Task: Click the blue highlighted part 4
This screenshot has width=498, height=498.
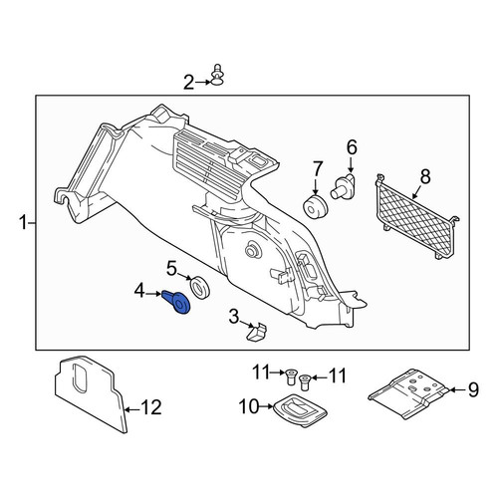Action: click(176, 302)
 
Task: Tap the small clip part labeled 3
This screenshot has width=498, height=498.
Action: click(257, 332)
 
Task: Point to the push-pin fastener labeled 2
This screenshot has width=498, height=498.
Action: click(217, 76)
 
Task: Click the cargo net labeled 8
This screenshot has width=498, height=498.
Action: click(416, 216)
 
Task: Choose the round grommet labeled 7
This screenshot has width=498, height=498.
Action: click(316, 207)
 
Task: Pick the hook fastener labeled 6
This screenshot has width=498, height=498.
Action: click(344, 187)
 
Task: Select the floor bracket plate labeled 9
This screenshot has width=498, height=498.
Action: click(409, 392)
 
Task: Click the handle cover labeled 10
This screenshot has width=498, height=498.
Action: click(300, 410)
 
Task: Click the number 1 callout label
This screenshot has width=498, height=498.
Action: click(23, 222)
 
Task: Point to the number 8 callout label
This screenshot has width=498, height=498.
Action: click(425, 176)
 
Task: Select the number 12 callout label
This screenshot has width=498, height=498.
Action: click(150, 407)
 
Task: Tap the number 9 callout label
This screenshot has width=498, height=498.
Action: click(473, 389)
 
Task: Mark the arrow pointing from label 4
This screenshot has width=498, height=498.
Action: click(154, 294)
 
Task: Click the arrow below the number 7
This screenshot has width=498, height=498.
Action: click(316, 187)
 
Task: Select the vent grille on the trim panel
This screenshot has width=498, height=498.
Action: click(206, 162)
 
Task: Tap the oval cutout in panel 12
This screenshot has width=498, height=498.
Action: click(80, 378)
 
